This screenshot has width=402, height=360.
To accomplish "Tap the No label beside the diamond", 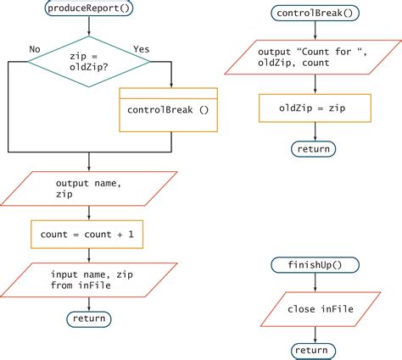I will click(x=35, y=49).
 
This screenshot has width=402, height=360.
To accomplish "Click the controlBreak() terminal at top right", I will click(x=314, y=14).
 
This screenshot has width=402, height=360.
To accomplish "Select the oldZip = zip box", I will click(x=314, y=108).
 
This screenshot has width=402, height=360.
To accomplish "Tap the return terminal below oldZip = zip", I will click(x=314, y=150).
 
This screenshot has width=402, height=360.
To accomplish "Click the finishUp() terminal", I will click(x=314, y=265).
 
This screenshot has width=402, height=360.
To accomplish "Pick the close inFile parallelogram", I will click(x=314, y=309).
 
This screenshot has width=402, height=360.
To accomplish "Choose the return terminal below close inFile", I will click(x=314, y=350).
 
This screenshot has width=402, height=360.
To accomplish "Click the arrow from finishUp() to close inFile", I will click(x=314, y=283).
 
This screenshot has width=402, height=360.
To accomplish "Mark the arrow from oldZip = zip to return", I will click(x=314, y=131).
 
